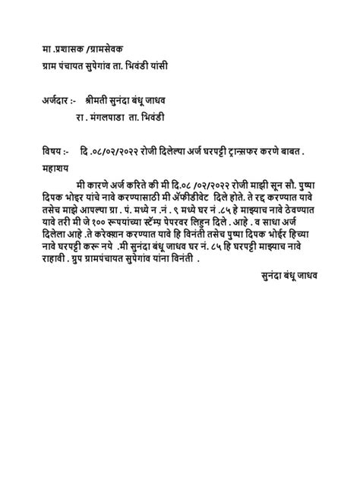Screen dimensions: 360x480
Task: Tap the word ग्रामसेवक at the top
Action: point(109,49)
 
